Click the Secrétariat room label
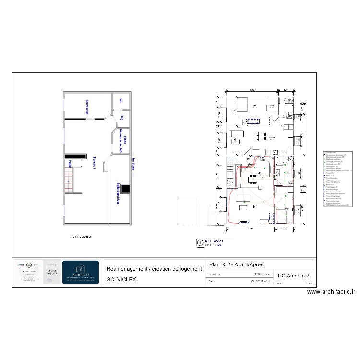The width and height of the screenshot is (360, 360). [x=87, y=107]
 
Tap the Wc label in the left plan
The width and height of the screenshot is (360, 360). [x=121, y=101]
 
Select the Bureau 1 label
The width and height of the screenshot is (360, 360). [x=95, y=163]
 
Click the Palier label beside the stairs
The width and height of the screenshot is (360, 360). [x=70, y=165]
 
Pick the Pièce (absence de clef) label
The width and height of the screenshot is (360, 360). [x=122, y=140]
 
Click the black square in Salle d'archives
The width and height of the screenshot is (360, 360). [x=125, y=189]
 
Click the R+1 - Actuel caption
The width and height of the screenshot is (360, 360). [x=82, y=237]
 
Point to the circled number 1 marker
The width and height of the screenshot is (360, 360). [x=200, y=243]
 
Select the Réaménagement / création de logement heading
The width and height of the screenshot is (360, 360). [x=154, y=269]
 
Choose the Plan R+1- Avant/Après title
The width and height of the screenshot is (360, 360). [x=236, y=264]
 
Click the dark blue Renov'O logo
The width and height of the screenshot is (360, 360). [x=81, y=273]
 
